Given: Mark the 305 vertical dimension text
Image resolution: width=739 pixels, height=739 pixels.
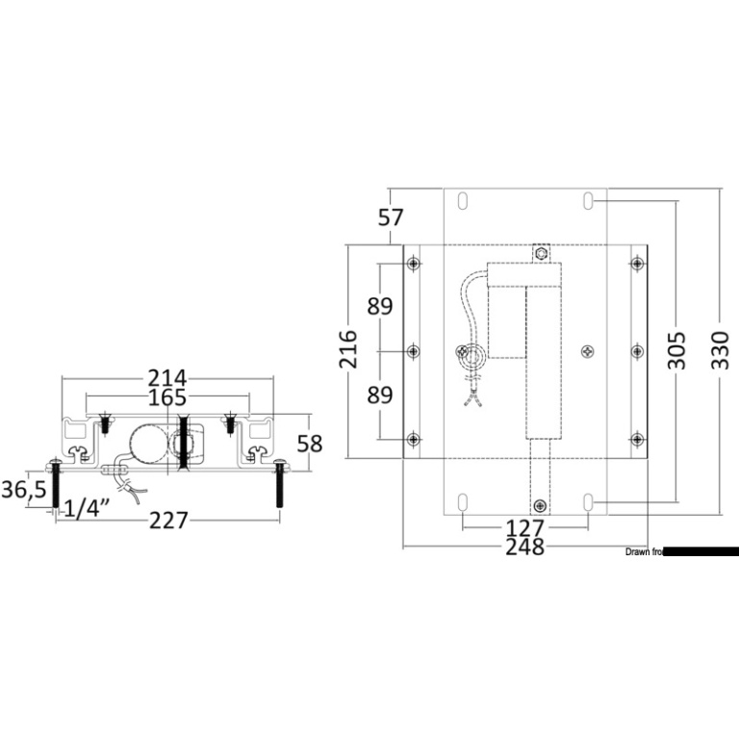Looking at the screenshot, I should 676,351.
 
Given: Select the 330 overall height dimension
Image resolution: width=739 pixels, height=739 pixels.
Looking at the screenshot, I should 721,351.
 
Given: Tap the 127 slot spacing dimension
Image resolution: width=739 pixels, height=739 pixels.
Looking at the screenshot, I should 524,528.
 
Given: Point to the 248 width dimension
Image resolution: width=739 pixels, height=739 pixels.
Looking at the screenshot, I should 524,548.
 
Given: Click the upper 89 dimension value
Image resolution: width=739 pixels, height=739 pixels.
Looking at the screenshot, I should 380,307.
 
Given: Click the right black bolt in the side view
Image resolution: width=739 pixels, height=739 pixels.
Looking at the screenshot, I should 280,486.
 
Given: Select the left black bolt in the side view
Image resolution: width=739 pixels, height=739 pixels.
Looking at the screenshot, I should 55,486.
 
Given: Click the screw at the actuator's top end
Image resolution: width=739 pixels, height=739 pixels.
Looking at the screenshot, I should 540,254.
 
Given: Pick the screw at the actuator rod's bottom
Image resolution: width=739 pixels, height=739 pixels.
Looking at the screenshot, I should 539,505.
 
